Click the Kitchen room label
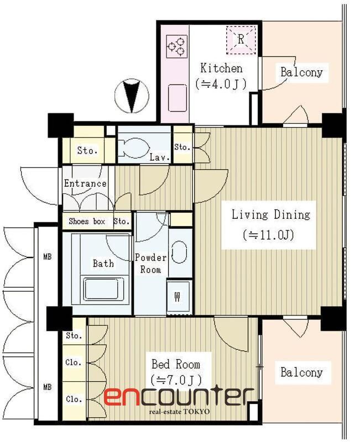coord(221,69)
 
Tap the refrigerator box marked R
coord(241,40)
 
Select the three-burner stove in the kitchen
coord(177,46)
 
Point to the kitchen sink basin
coord(178,98)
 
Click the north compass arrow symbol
coord(132,96)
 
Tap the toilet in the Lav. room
coord(133,148)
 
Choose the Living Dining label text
coord(270,215)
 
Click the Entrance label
coord(85,183)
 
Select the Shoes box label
coord(87,222)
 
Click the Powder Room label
coord(150,264)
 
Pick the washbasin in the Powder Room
coord(179,252)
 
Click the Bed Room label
coord(176,364)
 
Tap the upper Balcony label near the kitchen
coord(301,72)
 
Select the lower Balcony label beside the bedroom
coord(301,372)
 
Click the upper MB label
coord(48,257)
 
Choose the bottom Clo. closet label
coord(74,399)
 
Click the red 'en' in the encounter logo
coord(121,397)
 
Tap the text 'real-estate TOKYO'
coord(179,412)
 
